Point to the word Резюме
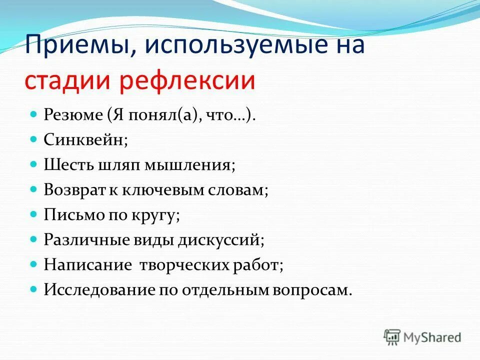[72, 115]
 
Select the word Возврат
[75, 190]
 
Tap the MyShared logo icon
[392, 336]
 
